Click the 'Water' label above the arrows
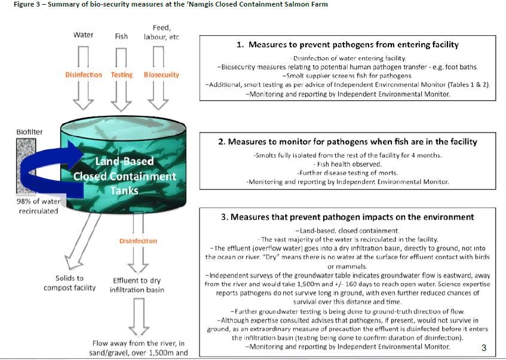pos(84,35)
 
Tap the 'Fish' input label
pos(121,36)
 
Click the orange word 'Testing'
pos(122,75)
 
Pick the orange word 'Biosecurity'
pos(161,75)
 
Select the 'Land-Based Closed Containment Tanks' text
pos(125,176)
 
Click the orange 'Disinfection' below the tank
pos(138,241)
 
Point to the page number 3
pos(484,347)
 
